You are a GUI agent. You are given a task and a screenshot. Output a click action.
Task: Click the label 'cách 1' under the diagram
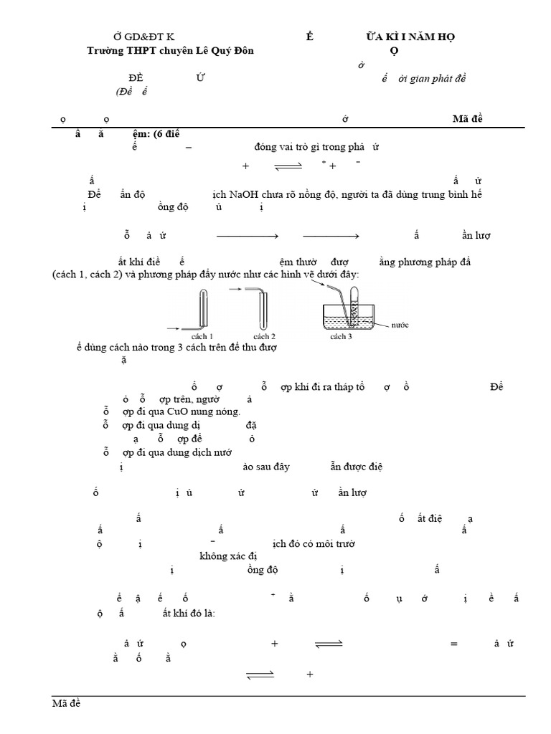202,336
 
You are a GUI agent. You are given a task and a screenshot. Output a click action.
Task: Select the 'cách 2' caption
264,336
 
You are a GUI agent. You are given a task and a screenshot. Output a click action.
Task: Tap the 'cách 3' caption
341,336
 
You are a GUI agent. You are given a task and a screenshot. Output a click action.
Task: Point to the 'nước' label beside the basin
400,325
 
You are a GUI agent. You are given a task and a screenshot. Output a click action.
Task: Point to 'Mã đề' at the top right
468,119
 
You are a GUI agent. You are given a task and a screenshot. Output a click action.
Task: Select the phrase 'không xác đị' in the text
228,556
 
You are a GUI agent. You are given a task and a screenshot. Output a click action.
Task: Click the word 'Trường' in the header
105,51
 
